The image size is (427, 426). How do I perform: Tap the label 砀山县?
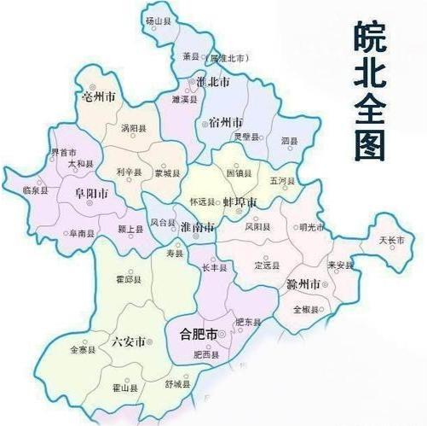[159, 20]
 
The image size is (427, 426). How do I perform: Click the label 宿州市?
[225, 123]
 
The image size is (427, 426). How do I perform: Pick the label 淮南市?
[198, 230]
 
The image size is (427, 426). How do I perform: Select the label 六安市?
[128, 341]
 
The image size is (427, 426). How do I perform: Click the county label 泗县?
[289, 140]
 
